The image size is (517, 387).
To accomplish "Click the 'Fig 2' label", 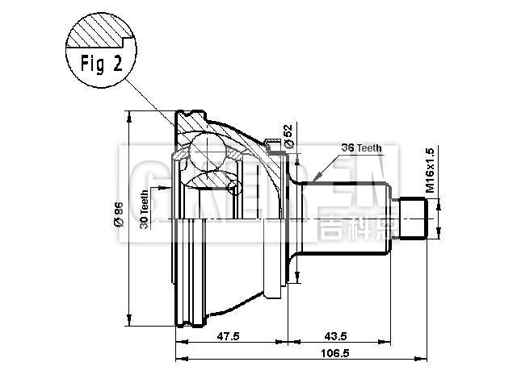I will point(102,64).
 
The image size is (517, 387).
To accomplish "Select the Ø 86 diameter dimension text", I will point(120,215).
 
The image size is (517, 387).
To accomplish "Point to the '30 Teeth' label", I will point(144,210).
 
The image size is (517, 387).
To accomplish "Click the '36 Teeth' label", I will point(360,148).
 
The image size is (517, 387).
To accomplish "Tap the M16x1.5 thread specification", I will point(430,169).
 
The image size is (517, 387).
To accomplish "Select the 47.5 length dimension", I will point(229,337).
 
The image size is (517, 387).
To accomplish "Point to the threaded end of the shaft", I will point(414,218).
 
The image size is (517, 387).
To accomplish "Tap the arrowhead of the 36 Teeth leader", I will point(317,178).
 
